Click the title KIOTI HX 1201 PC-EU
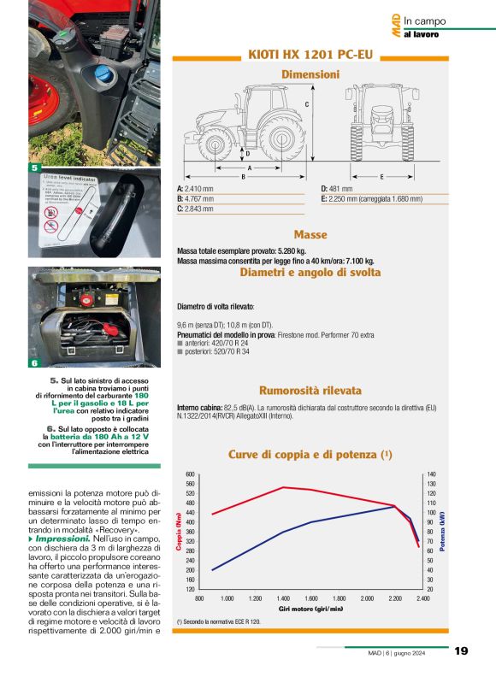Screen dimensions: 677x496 click(x=310, y=54)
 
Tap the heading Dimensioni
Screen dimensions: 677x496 click(x=310, y=74)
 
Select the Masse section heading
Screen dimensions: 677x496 click(x=310, y=234)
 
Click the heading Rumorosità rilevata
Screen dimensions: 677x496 click(x=310, y=390)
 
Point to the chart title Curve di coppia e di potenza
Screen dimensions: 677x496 click(x=310, y=454)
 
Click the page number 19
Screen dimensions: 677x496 click(x=462, y=651)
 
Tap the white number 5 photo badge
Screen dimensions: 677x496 click(x=35, y=168)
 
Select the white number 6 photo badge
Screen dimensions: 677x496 click(x=35, y=363)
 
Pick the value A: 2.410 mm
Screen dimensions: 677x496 click(x=195, y=188)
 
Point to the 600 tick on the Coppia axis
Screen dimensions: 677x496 click(x=191, y=474)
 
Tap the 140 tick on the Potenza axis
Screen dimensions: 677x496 click(x=431, y=474)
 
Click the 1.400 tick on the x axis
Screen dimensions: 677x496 click(x=283, y=598)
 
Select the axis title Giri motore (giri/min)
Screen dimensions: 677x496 click(x=310, y=609)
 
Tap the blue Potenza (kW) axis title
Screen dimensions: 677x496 click(x=442, y=532)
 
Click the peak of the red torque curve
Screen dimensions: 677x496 click(x=284, y=487)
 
